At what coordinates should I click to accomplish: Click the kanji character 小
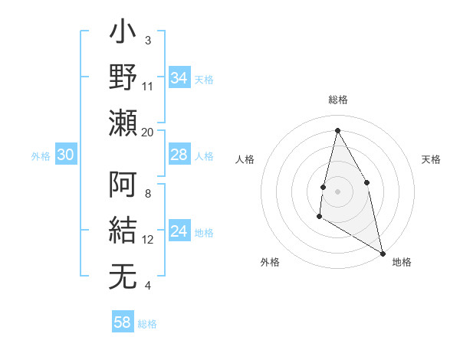[x=123, y=34]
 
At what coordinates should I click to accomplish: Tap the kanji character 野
[x=123, y=77]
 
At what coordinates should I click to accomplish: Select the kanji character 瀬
[x=123, y=123]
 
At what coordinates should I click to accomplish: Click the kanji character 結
[x=123, y=231]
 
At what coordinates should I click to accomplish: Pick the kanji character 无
[x=123, y=276]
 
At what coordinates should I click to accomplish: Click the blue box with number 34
[x=179, y=77]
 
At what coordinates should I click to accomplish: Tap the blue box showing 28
[x=179, y=155]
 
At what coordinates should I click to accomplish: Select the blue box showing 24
[x=179, y=231]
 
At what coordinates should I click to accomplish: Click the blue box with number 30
[x=65, y=155]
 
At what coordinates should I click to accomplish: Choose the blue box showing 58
[x=122, y=322]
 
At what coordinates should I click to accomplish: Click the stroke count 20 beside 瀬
[x=148, y=133]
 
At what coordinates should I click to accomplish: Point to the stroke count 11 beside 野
[x=148, y=87]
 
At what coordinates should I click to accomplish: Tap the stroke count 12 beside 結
[x=148, y=240]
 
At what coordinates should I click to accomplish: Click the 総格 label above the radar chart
[x=337, y=100]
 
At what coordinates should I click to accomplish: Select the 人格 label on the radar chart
[x=245, y=159]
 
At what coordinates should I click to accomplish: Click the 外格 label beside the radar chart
[x=270, y=262]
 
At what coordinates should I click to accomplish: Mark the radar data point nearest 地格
[x=383, y=253]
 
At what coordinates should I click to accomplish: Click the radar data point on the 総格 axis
[x=337, y=130]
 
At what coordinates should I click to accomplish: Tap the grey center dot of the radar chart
[x=337, y=191]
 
